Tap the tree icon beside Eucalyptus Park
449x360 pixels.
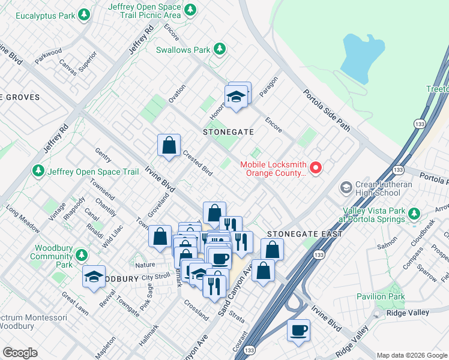85,13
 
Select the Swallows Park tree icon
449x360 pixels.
220,49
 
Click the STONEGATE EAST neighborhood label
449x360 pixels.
304,234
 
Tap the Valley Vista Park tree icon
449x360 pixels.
413,214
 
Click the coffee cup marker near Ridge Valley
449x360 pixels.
298,330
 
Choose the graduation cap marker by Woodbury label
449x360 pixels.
94,276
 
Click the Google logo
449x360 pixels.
20,353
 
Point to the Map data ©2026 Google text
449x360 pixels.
412,355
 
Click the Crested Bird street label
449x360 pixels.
198,163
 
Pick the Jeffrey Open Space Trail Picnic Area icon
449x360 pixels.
190,9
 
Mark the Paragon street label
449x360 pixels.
269,85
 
